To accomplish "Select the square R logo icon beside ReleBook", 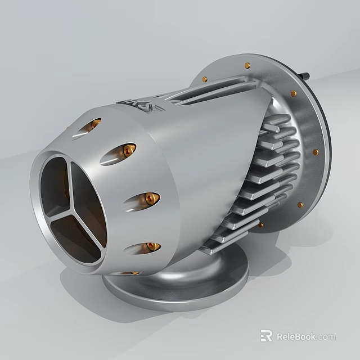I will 266,336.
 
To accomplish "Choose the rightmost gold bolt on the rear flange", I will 316,152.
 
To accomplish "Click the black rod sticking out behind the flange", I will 305,75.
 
